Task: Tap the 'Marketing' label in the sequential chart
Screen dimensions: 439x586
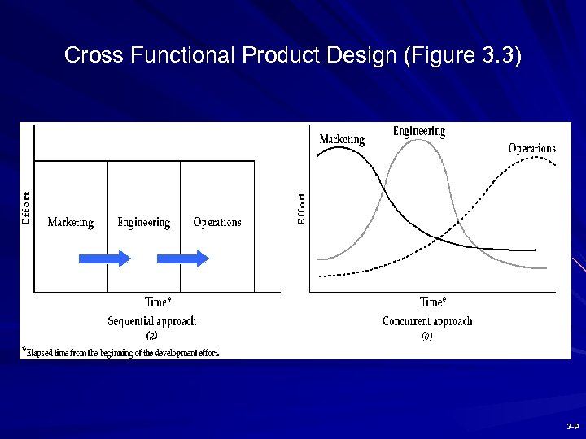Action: pyautogui.click(x=71, y=222)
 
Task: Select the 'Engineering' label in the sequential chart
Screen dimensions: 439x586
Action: pyautogui.click(x=143, y=222)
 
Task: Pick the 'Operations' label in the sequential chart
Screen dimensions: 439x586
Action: pyautogui.click(x=217, y=222)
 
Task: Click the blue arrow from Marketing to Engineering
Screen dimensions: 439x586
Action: pyautogui.click(x=103, y=259)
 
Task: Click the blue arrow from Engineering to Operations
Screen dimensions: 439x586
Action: pyautogui.click(x=182, y=259)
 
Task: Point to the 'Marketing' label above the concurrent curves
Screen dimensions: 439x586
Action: pyautogui.click(x=342, y=139)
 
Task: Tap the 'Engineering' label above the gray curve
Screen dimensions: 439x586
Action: pyautogui.click(x=419, y=131)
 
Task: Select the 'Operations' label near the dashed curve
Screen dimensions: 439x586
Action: pyautogui.click(x=532, y=148)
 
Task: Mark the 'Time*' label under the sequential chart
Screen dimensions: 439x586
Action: pyautogui.click(x=158, y=302)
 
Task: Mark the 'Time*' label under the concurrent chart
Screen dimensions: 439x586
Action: pyautogui.click(x=433, y=302)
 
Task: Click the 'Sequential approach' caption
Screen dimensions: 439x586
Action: pyautogui.click(x=152, y=321)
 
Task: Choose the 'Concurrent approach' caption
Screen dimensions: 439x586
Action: pyautogui.click(x=427, y=321)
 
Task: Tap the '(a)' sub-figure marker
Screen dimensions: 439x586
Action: pyautogui.click(x=152, y=335)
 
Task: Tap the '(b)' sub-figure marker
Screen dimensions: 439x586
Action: pyautogui.click(x=427, y=335)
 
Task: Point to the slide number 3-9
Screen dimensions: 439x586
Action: pyautogui.click(x=572, y=426)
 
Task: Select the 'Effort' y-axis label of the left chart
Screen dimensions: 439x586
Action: pyautogui.click(x=26, y=209)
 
